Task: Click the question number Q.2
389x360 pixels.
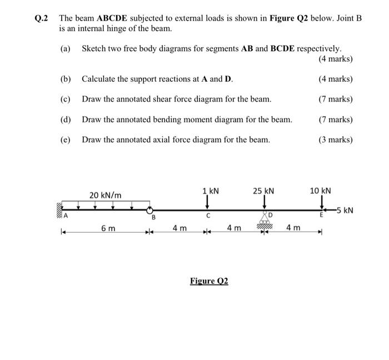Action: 41,18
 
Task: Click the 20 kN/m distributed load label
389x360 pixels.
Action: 106,194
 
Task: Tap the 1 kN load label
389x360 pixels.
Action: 211,191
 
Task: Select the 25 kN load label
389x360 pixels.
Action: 263,191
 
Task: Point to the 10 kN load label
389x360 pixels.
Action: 320,191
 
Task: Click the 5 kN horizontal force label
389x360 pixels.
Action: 344,211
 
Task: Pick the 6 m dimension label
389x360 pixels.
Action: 108,228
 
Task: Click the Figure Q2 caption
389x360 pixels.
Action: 209,281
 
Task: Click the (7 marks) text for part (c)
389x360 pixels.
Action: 336,99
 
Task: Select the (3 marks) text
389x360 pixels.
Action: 336,139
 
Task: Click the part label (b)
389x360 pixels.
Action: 66,79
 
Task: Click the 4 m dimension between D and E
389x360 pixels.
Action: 293,228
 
